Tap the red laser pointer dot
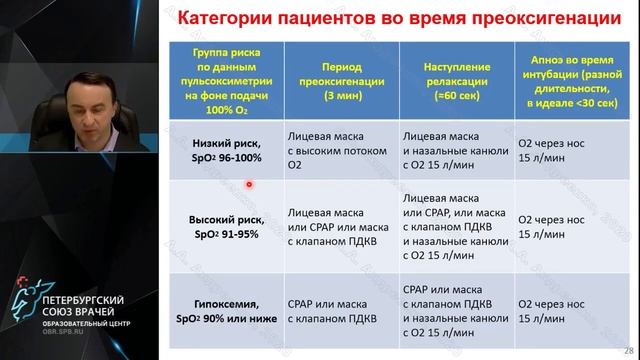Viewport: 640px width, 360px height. [248, 184]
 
